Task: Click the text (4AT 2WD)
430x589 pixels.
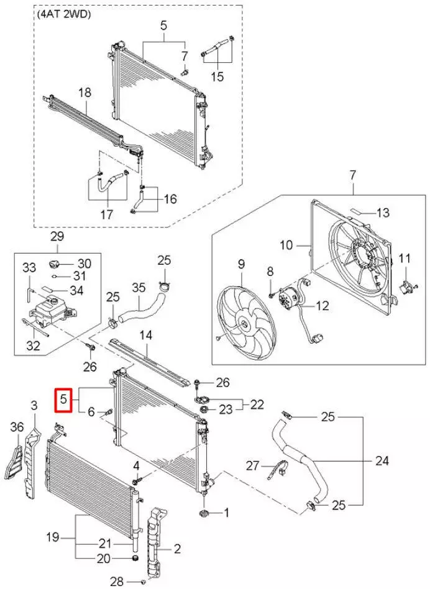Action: (63, 15)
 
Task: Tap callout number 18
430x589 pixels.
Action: (85, 93)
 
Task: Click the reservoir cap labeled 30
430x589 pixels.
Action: (57, 259)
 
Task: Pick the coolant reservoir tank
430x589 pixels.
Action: (49, 309)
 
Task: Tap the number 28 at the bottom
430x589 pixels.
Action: (117, 582)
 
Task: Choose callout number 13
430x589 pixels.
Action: (383, 212)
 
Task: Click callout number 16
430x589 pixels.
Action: (170, 199)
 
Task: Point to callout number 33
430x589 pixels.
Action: (29, 268)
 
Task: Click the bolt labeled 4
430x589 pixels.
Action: (139, 480)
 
